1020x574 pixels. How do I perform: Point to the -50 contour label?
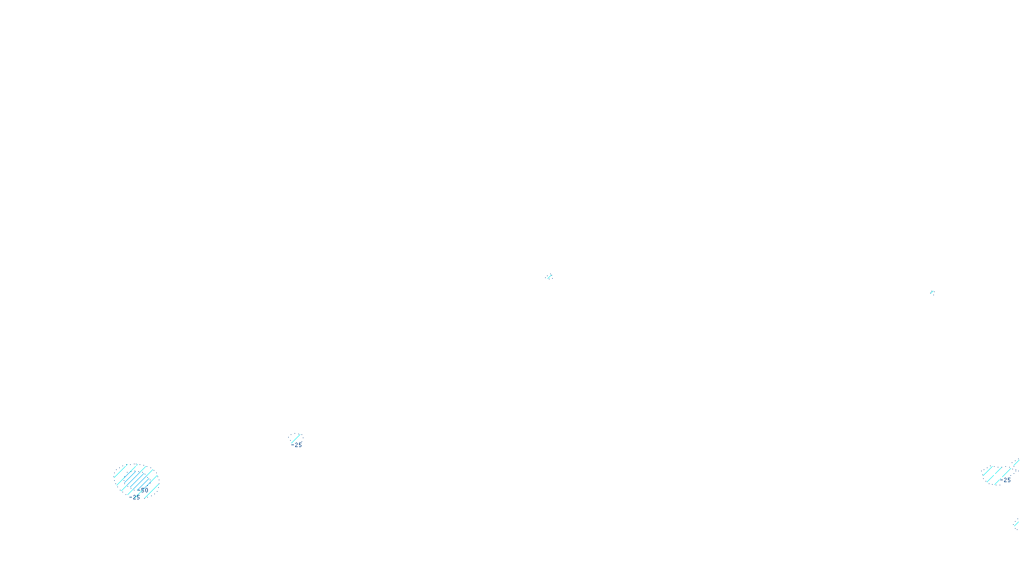143,490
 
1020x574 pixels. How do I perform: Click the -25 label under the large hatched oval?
136,497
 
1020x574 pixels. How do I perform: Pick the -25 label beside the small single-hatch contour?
298,445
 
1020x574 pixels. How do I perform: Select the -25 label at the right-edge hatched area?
1006,480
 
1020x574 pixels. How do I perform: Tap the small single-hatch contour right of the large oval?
295,438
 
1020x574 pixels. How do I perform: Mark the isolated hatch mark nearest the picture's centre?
549,277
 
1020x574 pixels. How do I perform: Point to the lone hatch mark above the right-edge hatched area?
932,292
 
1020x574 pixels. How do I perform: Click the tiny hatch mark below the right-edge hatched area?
1016,525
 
